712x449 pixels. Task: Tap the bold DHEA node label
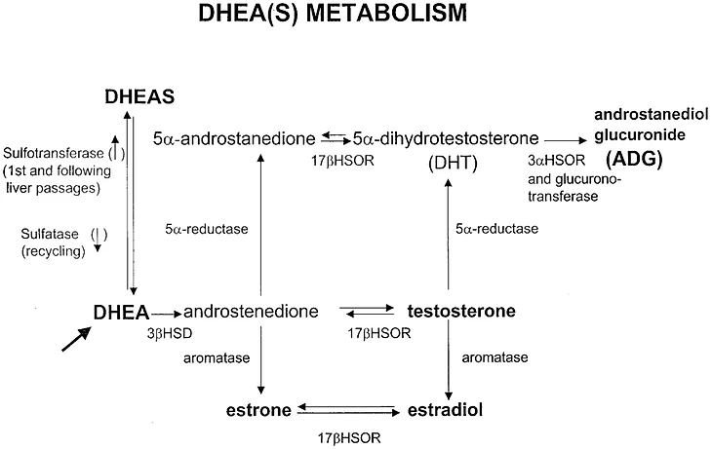pyautogui.click(x=120, y=312)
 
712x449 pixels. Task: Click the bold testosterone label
pyautogui.click(x=460, y=312)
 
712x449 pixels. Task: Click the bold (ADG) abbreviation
pyautogui.click(x=639, y=160)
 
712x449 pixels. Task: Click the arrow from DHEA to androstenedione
pyautogui.click(x=166, y=313)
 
